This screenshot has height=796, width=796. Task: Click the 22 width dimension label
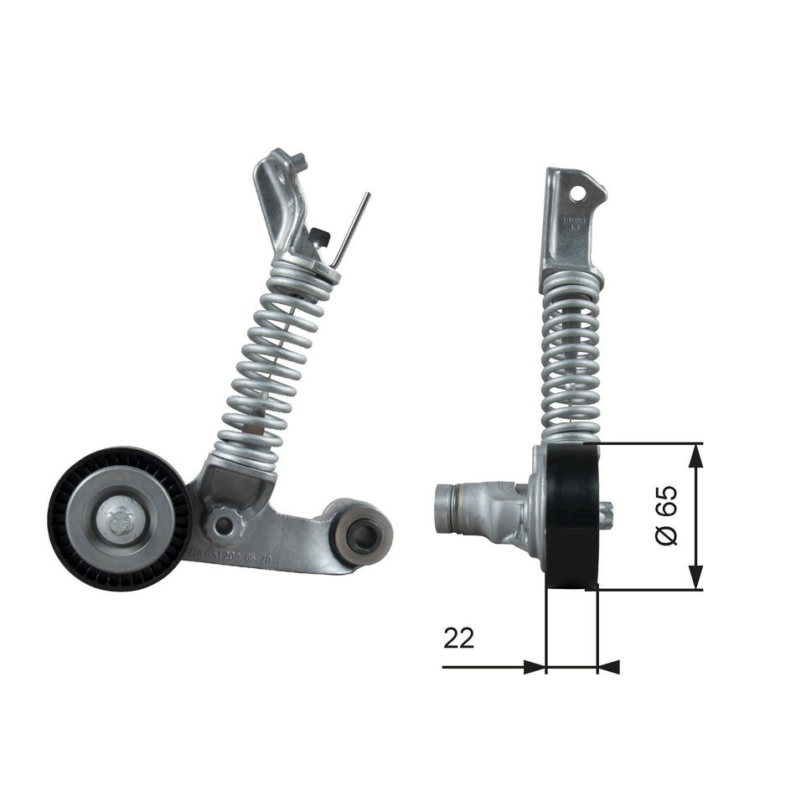coord(458,638)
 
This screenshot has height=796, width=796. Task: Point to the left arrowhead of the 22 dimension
coord(535,667)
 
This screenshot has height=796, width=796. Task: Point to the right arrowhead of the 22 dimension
coord(609,667)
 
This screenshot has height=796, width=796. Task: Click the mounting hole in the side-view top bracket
coord(576,193)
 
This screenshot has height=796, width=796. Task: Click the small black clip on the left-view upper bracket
coord(316,237)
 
